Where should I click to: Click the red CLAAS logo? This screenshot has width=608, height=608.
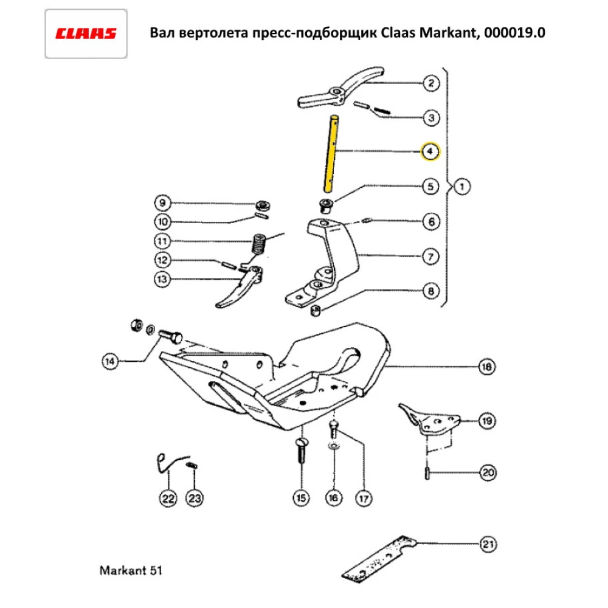click(x=86, y=33)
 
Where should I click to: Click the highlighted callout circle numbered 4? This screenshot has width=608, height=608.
click(x=430, y=151)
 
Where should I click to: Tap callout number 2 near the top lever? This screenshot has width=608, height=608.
click(x=430, y=83)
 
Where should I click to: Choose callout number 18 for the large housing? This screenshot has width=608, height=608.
click(x=486, y=367)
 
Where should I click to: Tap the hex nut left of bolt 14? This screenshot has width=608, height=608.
click(x=135, y=325)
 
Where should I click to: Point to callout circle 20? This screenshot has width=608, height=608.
click(x=486, y=472)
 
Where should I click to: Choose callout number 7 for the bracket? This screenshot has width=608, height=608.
click(x=430, y=257)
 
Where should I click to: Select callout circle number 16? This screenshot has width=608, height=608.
click(x=333, y=499)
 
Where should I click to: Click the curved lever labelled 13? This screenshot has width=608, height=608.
click(x=240, y=286)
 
